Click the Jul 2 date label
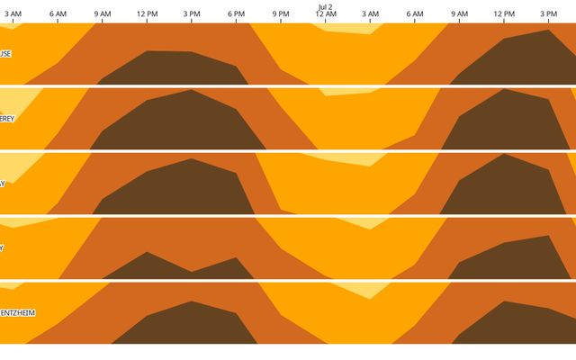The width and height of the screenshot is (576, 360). click(x=325, y=5)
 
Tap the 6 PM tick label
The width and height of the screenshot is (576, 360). click(x=236, y=14)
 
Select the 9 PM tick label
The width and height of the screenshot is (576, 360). click(x=281, y=14)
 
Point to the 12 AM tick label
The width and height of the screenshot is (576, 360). click(x=325, y=14)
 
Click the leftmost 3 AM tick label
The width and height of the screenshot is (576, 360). click(x=13, y=14)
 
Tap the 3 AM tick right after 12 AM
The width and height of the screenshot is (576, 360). click(x=370, y=14)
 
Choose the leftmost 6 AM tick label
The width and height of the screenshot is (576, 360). click(x=58, y=14)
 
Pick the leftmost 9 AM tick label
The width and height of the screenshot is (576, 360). click(x=103, y=14)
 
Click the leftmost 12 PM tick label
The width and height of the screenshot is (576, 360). click(x=147, y=14)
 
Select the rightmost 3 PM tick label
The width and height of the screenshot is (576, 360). click(x=548, y=14)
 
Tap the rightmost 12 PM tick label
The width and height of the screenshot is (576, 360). click(x=504, y=14)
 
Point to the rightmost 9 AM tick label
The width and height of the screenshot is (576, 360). click(x=459, y=14)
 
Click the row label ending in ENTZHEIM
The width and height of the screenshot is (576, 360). click(x=17, y=313)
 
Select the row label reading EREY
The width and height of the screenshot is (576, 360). click(x=7, y=118)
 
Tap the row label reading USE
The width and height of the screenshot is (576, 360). click(x=5, y=53)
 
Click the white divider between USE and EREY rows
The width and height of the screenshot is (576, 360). click(x=288, y=86)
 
